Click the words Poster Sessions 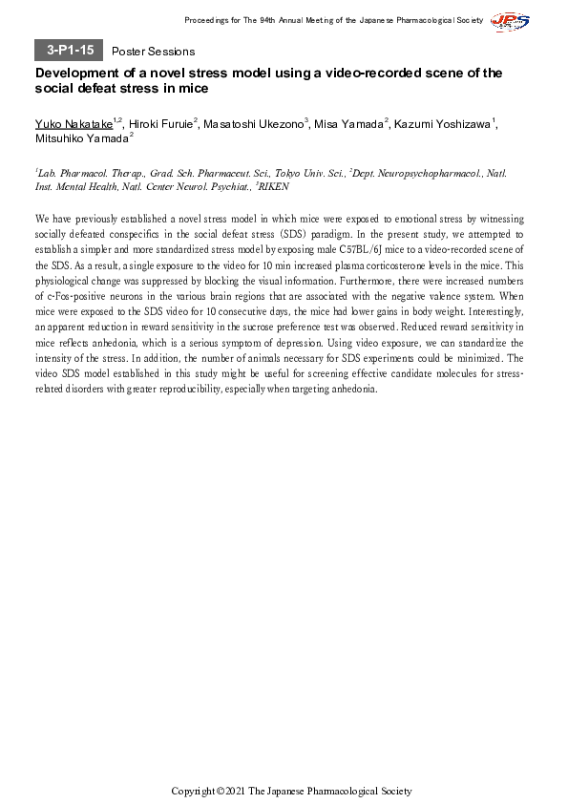tap(153, 52)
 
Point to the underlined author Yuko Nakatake tap(73, 123)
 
